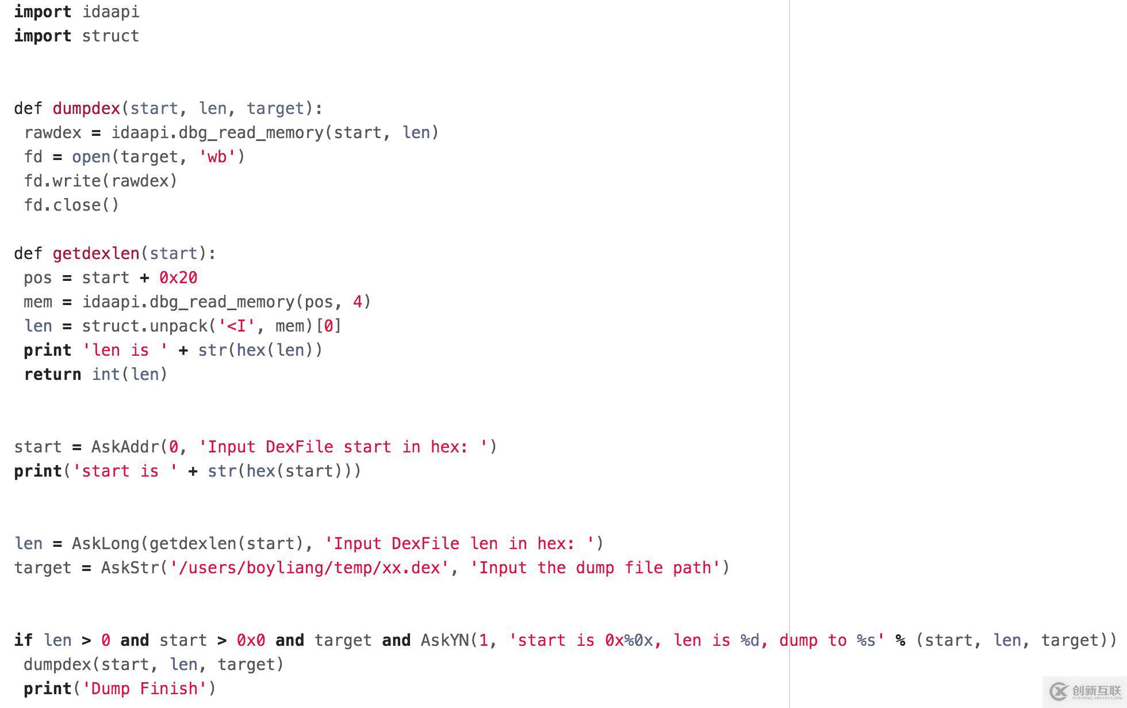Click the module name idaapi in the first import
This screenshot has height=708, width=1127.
point(110,12)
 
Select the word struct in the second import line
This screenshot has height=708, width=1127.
point(110,36)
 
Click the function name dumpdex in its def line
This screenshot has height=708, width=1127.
point(86,109)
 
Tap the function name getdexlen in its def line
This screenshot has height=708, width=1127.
point(96,254)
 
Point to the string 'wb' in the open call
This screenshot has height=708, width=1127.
point(217,157)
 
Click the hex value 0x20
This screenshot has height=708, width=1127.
point(178,278)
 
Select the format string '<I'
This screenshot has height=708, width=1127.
point(236,326)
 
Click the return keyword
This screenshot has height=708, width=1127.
point(52,375)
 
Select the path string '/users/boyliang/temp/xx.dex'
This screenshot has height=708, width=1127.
point(309,568)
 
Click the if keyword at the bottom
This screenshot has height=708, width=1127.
point(24,641)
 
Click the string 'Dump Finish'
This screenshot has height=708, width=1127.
point(144,689)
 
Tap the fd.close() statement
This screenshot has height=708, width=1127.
point(71,205)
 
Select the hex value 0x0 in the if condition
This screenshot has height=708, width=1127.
point(251,641)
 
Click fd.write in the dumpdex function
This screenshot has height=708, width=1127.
point(62,181)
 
